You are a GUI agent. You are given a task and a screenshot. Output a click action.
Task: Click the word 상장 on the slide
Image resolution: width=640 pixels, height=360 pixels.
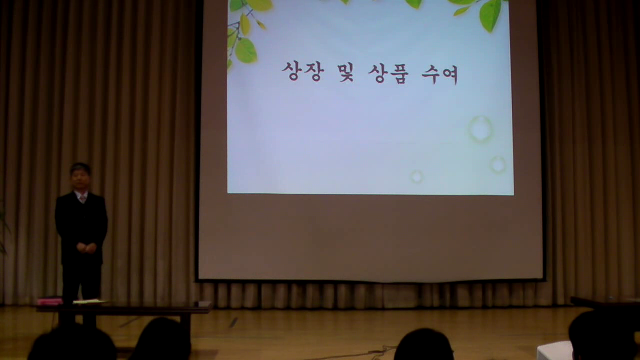(x=303, y=71)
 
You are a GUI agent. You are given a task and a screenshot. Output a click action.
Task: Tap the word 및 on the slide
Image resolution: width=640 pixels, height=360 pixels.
(x=346, y=72)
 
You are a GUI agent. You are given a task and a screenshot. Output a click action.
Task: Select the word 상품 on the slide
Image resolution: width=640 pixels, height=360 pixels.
(x=388, y=73)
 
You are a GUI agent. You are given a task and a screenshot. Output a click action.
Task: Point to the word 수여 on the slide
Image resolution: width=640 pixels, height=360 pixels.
(x=440, y=74)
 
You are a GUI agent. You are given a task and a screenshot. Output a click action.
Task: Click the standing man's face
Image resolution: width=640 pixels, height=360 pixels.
(x=80, y=178)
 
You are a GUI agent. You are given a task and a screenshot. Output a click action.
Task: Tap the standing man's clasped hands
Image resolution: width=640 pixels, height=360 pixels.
(x=87, y=248)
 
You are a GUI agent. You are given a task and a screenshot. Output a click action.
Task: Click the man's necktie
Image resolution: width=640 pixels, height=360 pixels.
(x=83, y=199)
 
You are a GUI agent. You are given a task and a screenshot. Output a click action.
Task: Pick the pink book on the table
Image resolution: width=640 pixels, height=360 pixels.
(x=49, y=301)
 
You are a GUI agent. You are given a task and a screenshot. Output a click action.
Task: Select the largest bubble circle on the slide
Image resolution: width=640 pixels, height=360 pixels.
(x=480, y=129)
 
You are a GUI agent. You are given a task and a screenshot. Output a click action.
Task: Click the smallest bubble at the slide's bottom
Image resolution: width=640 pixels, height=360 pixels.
(x=416, y=177)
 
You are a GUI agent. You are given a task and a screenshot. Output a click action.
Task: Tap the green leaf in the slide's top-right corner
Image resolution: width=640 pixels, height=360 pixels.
(x=490, y=15)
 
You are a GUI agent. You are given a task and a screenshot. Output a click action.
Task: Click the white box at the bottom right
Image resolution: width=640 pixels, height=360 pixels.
(x=555, y=351)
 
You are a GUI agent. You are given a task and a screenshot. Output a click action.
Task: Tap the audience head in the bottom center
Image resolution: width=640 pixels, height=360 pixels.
(x=423, y=345)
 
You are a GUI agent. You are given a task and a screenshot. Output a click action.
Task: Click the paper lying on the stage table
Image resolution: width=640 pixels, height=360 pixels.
(x=89, y=302)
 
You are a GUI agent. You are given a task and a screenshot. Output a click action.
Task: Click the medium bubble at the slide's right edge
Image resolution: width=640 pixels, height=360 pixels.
(x=498, y=165)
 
